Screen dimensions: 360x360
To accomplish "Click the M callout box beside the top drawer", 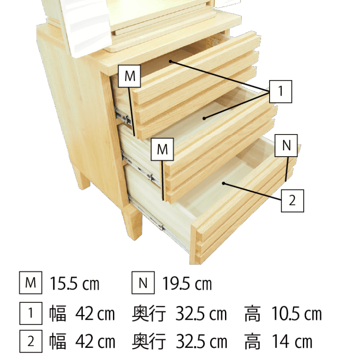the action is coord(129,76).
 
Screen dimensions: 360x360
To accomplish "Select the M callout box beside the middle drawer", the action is coord(162,149).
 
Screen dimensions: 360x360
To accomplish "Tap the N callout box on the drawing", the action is coord(286,146).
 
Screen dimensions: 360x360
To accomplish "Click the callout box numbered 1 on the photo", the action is coord(281,91).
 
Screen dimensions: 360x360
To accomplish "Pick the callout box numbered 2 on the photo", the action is coord(292,201).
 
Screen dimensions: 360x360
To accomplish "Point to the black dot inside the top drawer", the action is coord(170,61).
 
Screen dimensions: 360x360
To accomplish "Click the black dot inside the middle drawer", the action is coord(204,119).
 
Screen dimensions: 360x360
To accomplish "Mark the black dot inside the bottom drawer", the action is coord(224,183).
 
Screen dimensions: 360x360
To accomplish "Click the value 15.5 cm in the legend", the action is coord(75,284).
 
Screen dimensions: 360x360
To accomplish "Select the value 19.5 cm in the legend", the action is coord(187,284).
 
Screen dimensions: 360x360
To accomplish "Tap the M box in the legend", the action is coord(30,283).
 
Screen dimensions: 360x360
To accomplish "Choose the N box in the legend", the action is coord(143,283).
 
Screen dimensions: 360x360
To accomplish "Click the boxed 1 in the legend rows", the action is coord(31,313).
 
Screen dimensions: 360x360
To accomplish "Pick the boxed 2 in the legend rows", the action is coord(31,341).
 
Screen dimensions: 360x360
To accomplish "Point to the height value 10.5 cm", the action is coord(297,314).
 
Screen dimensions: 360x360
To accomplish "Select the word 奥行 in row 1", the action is coord(149,314).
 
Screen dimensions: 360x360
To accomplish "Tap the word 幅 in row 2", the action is coord(57,342).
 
